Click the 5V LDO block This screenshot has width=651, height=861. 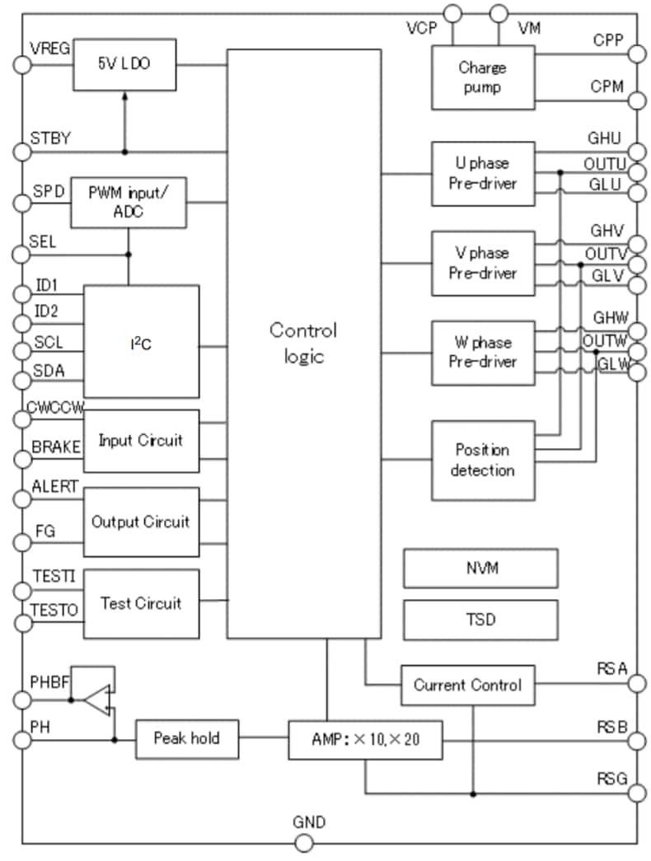125,63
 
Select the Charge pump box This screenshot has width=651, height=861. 482,77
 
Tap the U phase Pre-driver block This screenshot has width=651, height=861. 482,173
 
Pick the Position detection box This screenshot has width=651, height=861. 482,460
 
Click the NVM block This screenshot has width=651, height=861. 480,568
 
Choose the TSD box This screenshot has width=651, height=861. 480,618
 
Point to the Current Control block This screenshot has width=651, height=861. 467,685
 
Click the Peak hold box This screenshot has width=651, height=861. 186,737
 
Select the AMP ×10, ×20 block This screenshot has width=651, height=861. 365,739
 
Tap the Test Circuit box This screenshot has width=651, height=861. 141,604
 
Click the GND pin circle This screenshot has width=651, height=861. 304,843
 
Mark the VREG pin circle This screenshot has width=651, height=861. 21,64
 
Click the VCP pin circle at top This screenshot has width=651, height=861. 452,13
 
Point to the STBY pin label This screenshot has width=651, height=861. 50,138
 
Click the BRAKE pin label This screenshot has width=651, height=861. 56,447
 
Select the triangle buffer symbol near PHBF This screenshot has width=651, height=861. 97,700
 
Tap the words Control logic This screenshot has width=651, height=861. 303,343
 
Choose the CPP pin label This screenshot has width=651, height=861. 608,40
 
